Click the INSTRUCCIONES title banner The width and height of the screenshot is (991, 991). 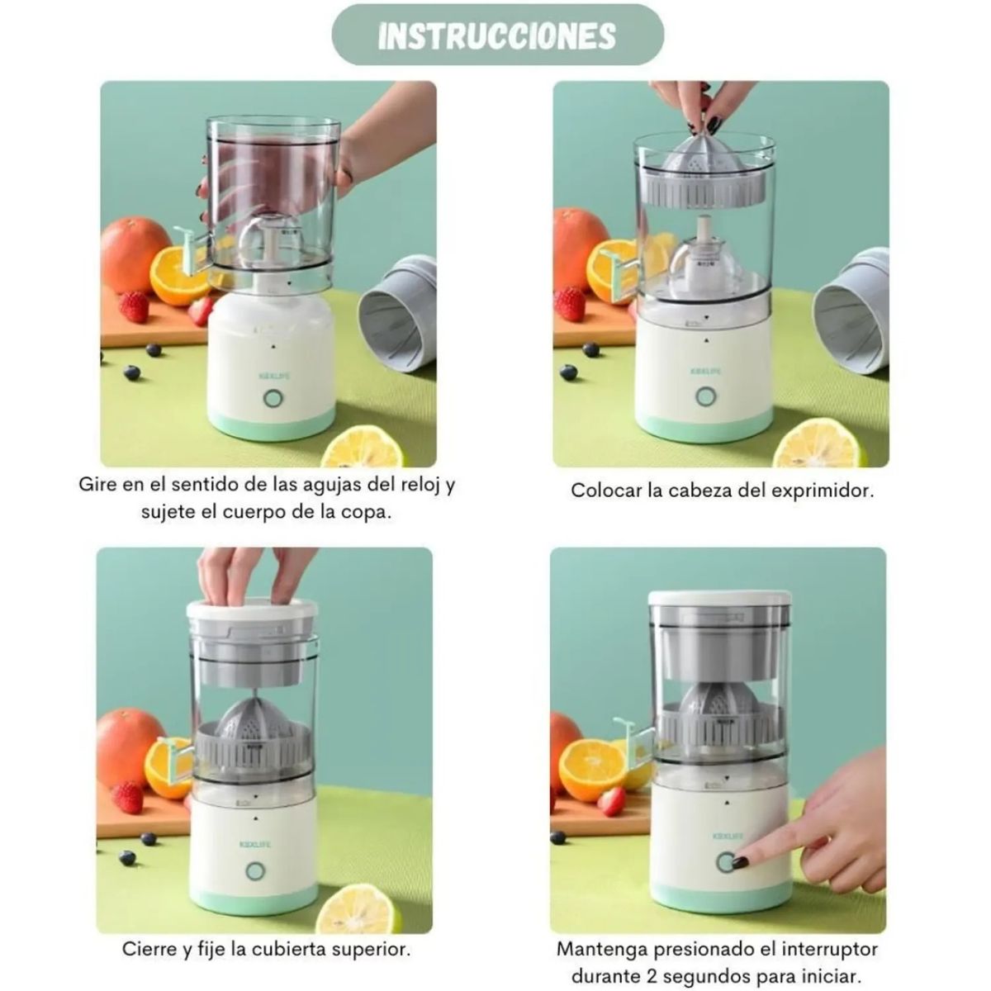pos(497,35)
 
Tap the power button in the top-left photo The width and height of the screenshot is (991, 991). pos(273,399)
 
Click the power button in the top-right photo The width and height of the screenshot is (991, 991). pos(705,396)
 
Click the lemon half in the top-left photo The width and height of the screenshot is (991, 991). pos(361,448)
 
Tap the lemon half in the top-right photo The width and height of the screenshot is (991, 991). pos(815,444)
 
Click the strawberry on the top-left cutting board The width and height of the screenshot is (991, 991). pos(134,307)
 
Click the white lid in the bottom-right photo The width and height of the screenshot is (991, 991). pos(720,598)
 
